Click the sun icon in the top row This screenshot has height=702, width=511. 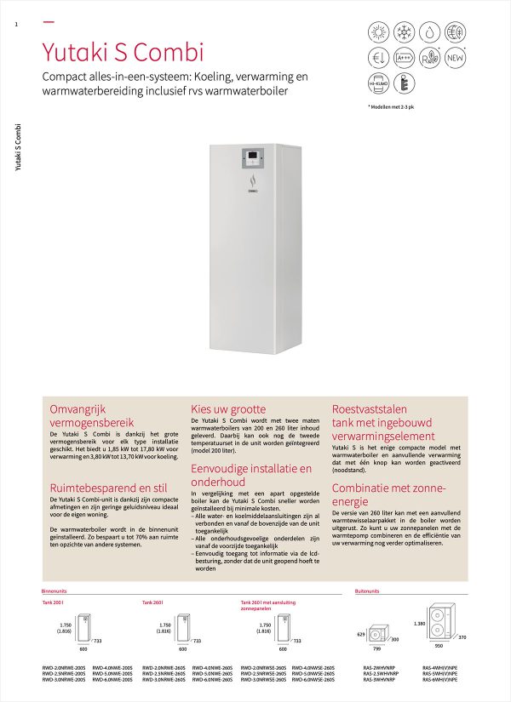pyautogui.click(x=377, y=32)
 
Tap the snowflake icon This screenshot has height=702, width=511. pyautogui.click(x=403, y=32)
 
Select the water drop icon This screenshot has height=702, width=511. pyautogui.click(x=428, y=32)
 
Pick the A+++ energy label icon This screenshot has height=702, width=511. pyautogui.click(x=403, y=58)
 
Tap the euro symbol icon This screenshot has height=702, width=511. pyautogui.click(x=377, y=58)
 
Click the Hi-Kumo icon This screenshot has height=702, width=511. pyautogui.click(x=377, y=83)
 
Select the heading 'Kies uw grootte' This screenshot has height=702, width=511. pyautogui.click(x=229, y=409)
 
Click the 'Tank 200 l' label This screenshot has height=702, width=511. pyautogui.click(x=53, y=602)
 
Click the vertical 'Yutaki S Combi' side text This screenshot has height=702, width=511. pyautogui.click(x=19, y=148)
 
